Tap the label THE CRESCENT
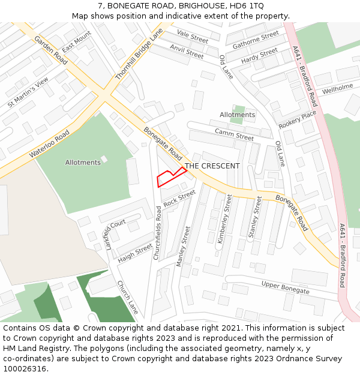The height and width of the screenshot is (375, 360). (x=212, y=166)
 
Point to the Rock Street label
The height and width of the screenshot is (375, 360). (x=179, y=198)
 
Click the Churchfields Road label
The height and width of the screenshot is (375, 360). (x=157, y=233)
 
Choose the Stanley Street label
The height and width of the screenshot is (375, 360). (x=255, y=217)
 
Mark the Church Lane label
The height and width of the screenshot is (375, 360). (x=127, y=297)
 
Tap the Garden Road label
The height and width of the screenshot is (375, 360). (x=50, y=50)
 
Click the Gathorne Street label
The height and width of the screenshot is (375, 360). (x=256, y=40)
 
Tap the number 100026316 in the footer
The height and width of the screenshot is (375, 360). (x=25, y=369)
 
